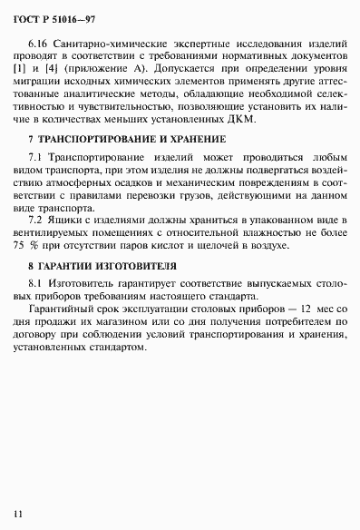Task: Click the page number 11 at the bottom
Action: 17,513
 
